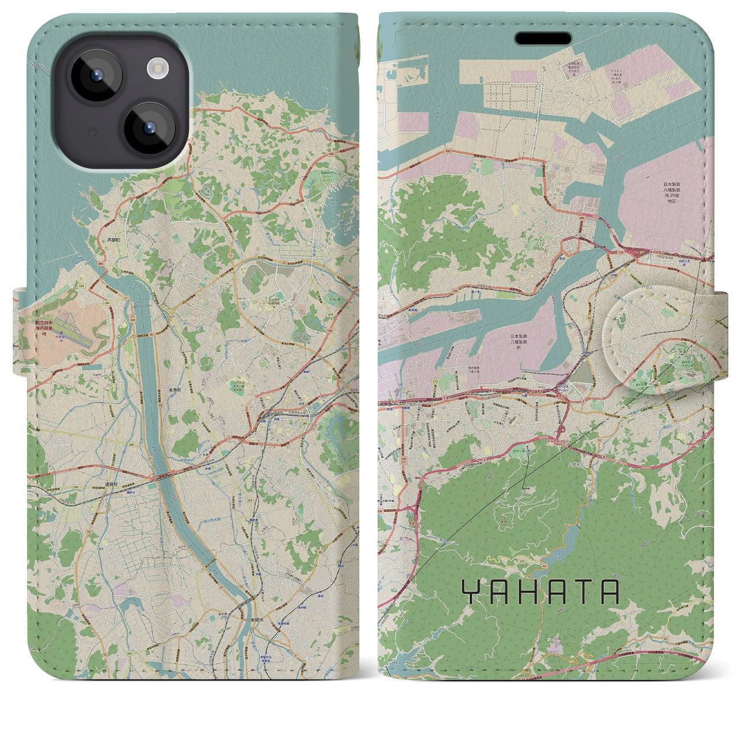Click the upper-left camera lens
tap(96, 75)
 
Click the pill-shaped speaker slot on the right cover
tap(543, 39)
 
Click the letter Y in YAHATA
tap(472, 592)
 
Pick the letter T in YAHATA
tap(583, 592)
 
